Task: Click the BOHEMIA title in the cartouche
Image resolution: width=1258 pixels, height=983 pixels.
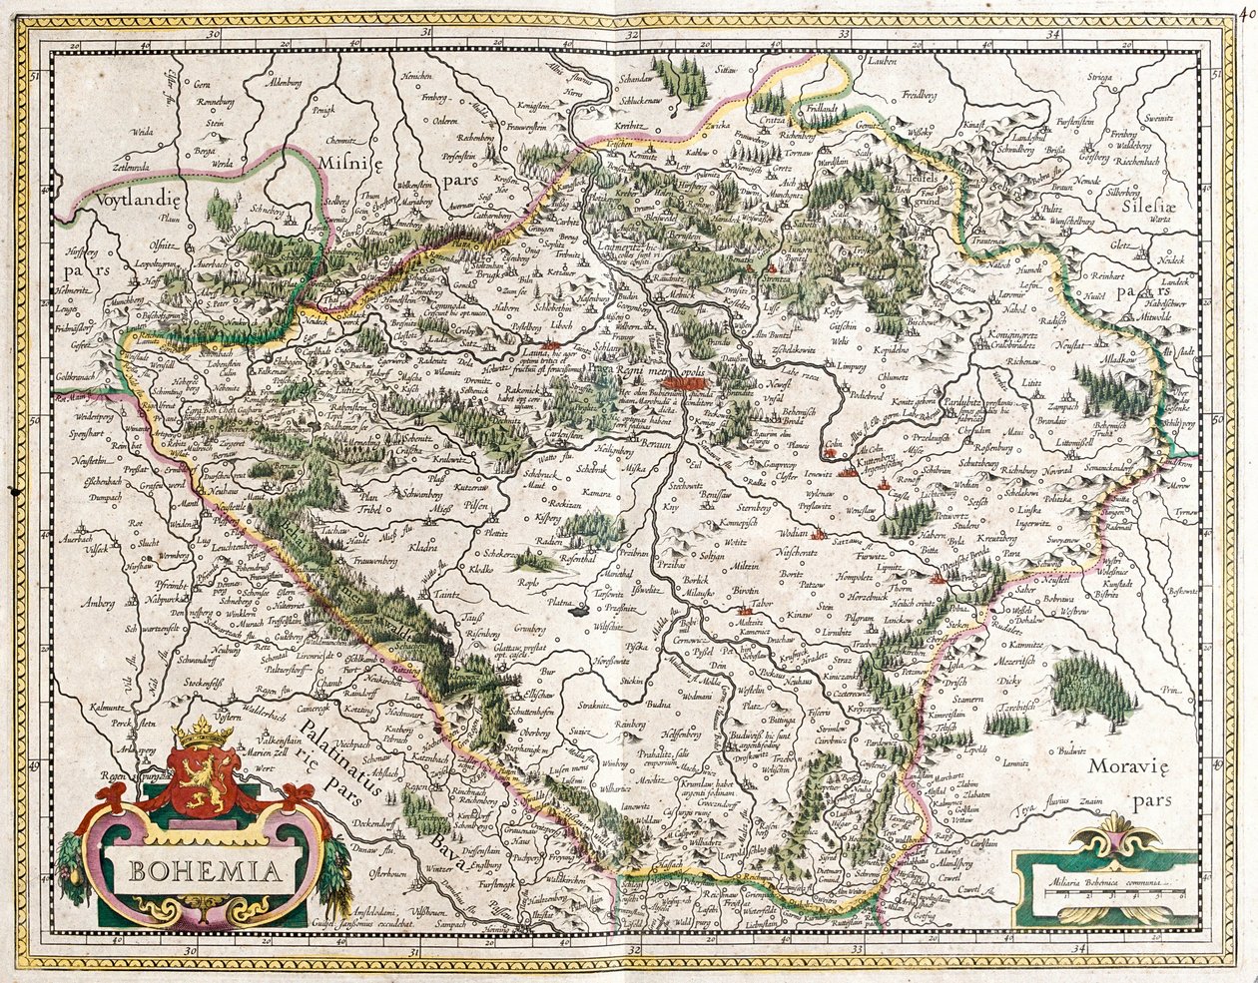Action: [x=204, y=870]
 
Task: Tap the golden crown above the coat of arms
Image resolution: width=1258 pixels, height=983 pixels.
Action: [x=202, y=732]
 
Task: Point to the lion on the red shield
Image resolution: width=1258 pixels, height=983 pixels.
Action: [x=203, y=777]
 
